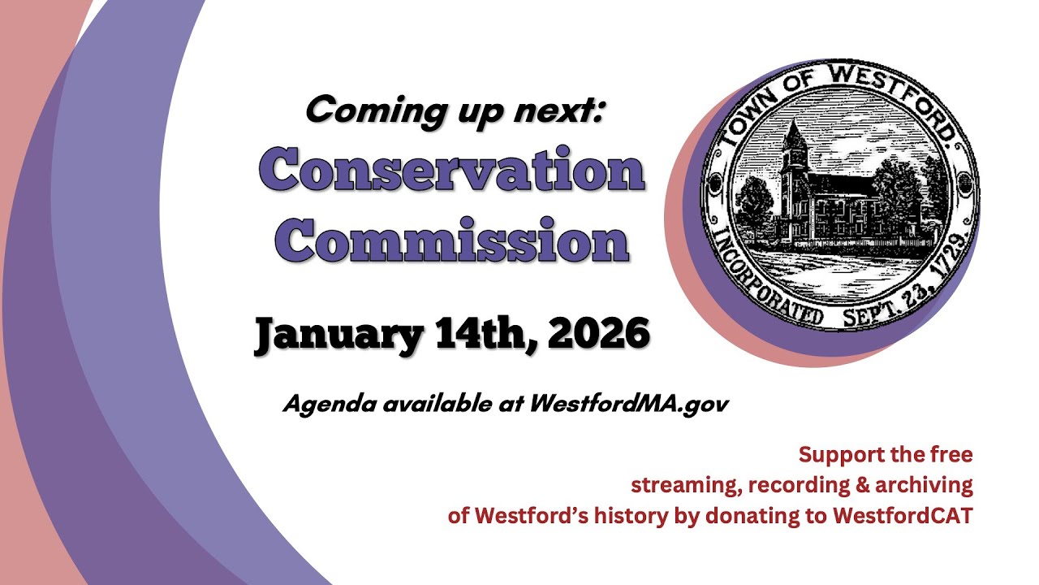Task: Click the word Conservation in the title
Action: click(451, 172)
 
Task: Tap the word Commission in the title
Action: click(452, 240)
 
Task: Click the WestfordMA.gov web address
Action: click(628, 404)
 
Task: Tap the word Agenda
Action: click(322, 405)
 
